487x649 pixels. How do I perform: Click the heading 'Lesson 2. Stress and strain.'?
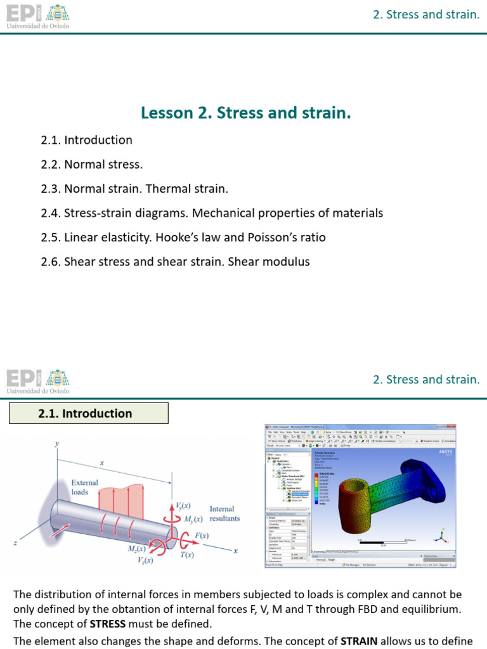(245, 113)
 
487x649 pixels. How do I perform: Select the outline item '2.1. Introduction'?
(86, 140)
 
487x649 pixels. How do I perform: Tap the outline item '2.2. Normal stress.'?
(91, 165)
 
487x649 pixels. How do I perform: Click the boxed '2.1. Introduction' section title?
(88, 413)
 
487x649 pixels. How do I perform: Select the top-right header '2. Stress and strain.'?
(426, 14)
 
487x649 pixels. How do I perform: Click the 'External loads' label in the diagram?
(84, 487)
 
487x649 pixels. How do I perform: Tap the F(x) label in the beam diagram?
(201, 536)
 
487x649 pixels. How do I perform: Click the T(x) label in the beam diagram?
(187, 555)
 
